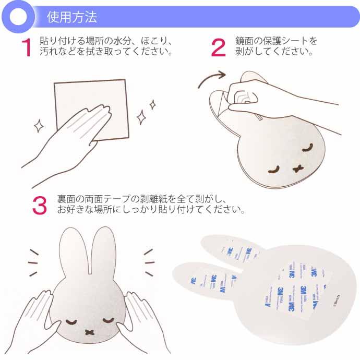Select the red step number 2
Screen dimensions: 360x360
pos(218,48)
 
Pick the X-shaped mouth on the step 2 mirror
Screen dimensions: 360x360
pos(299,168)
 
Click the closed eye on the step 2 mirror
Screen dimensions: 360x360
pos(274,168)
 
